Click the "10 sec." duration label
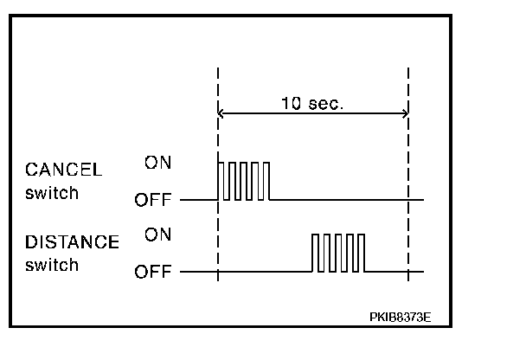312,104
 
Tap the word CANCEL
64,170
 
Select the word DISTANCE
72,242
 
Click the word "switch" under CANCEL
52,192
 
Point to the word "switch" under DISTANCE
52,265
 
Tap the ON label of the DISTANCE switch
157,235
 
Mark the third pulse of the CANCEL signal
243,180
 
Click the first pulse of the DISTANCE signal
316,253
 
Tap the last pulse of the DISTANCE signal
361,253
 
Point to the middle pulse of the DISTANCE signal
338,253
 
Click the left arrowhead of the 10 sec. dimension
222,113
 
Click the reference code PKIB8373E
400,317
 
